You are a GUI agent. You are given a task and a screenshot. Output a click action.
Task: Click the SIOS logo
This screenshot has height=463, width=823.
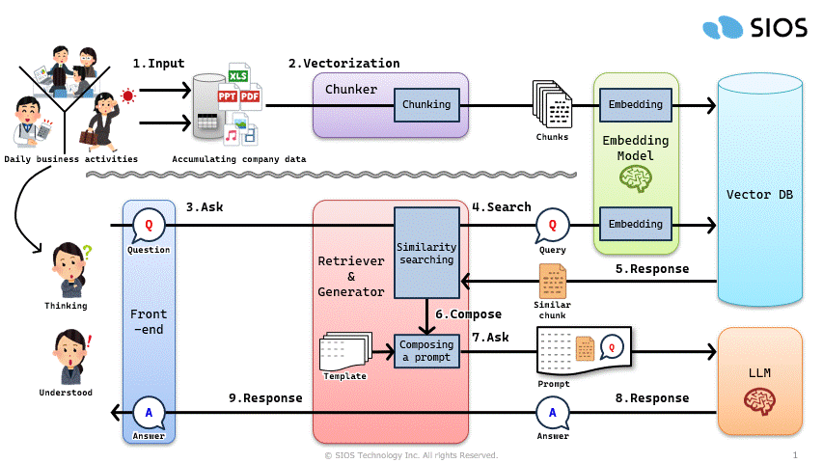coord(754,27)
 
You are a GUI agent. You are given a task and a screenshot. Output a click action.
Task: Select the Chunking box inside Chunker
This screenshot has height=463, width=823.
coord(426,104)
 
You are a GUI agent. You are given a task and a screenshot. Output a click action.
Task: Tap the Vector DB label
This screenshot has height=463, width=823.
coord(760,195)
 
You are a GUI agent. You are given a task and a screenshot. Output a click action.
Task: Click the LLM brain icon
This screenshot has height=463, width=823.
coord(759,401)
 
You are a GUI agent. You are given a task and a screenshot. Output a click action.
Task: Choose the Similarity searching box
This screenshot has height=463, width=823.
coord(426,253)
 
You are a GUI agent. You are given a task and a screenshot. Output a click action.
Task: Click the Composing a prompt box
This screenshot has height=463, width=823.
coord(426,352)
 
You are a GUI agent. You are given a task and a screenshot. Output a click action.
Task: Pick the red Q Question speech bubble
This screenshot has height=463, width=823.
coord(149,225)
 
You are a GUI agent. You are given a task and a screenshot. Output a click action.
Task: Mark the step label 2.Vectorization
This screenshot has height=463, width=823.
coord(343,64)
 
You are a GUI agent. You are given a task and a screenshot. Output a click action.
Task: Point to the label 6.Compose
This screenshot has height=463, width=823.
coord(468,313)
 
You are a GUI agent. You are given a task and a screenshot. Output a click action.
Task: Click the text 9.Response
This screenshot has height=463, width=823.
coord(265,397)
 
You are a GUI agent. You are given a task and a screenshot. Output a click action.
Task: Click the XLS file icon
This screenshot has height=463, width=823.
coord(238,75)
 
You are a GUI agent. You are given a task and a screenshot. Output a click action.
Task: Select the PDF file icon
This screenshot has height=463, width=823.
coord(251,97)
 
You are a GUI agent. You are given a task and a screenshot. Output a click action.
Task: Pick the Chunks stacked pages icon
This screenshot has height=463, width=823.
coord(552,103)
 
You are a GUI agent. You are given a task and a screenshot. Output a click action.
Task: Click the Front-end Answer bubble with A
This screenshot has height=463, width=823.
coord(149,412)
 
